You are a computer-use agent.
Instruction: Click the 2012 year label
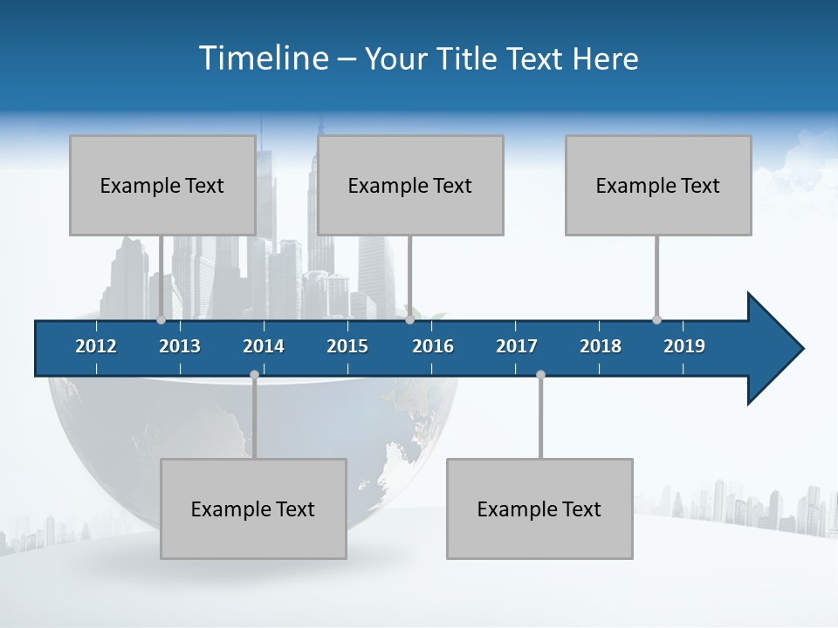(96, 346)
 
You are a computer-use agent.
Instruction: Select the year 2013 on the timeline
(180, 346)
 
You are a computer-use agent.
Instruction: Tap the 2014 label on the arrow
(264, 346)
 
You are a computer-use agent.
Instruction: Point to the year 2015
(347, 346)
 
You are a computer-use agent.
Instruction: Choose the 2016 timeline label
(433, 346)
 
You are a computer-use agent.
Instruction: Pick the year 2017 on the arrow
(517, 346)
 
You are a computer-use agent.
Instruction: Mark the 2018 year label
(601, 346)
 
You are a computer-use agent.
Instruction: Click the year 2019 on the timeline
(684, 346)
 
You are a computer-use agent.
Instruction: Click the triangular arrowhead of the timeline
(773, 349)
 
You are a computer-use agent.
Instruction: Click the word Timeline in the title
(264, 58)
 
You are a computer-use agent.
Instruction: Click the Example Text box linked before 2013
(162, 185)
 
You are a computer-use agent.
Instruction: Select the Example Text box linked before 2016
(410, 185)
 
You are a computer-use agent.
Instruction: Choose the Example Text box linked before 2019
(658, 185)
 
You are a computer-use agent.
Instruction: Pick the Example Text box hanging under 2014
(253, 509)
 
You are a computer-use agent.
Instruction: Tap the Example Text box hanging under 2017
(539, 509)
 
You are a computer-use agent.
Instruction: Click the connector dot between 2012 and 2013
(161, 319)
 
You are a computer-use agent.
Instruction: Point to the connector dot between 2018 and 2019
(656, 319)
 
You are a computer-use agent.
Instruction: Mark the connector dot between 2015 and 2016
(409, 319)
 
